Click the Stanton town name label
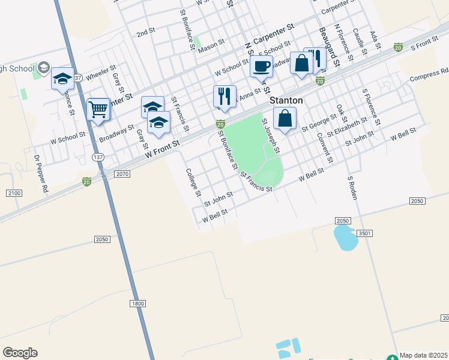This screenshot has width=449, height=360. [286, 100]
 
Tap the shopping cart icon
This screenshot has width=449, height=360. [98, 109]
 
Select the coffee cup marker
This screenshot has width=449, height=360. [261, 66]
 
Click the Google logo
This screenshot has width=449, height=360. [20, 353]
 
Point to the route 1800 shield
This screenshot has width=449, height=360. [137, 304]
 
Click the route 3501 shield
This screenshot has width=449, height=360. [363, 233]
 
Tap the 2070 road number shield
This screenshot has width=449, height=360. [121, 173]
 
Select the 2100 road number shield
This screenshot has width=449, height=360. [14, 193]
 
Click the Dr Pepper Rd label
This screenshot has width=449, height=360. [41, 174]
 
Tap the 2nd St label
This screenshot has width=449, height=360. [146, 33]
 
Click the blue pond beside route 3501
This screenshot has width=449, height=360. [344, 238]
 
